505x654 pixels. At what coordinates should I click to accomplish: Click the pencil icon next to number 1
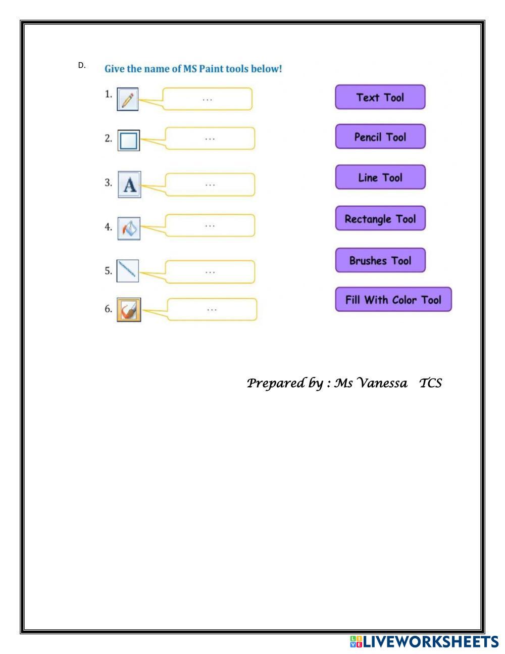pyautogui.click(x=127, y=99)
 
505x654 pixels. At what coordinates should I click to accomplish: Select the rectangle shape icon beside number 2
pyautogui.click(x=128, y=140)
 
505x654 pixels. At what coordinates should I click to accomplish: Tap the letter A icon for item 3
pyautogui.click(x=129, y=184)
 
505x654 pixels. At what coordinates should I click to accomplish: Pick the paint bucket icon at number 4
pyautogui.click(x=129, y=228)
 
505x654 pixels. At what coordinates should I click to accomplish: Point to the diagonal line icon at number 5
pyautogui.click(x=127, y=270)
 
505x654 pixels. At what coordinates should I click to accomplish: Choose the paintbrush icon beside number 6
pyautogui.click(x=129, y=309)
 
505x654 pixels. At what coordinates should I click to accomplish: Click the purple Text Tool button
pyautogui.click(x=380, y=97)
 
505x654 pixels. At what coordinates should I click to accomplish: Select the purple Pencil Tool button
pyautogui.click(x=380, y=136)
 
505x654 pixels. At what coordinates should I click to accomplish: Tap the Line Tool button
pyautogui.click(x=380, y=177)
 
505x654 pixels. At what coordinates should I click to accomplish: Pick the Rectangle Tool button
pyautogui.click(x=380, y=218)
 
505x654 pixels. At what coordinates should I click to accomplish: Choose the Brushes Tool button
pyautogui.click(x=380, y=260)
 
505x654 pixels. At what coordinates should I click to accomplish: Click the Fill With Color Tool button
pyautogui.click(x=393, y=299)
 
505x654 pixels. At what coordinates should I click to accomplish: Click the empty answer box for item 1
pyautogui.click(x=207, y=99)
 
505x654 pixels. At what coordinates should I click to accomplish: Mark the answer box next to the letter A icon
pyautogui.click(x=210, y=184)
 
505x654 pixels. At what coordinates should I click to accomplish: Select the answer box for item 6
pyautogui.click(x=212, y=309)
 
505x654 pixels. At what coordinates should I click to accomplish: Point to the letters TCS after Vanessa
pyautogui.click(x=430, y=383)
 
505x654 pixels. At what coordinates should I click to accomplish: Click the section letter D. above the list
pyautogui.click(x=82, y=65)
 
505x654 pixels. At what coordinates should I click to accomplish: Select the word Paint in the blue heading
pyautogui.click(x=211, y=69)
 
